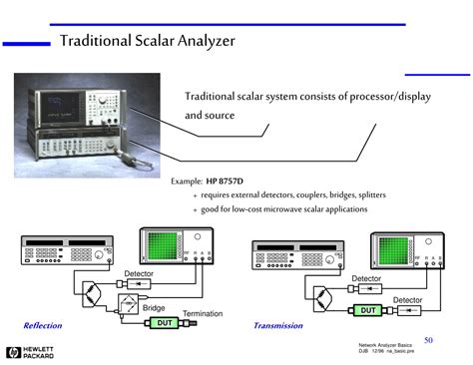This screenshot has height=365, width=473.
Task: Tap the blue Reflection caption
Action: click(x=43, y=326)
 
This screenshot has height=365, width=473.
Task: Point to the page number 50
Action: click(x=428, y=340)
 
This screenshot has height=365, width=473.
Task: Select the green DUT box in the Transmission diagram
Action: click(x=368, y=310)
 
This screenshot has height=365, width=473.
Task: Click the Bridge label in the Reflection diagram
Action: click(x=154, y=308)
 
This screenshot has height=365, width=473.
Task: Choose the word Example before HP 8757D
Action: click(x=187, y=182)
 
